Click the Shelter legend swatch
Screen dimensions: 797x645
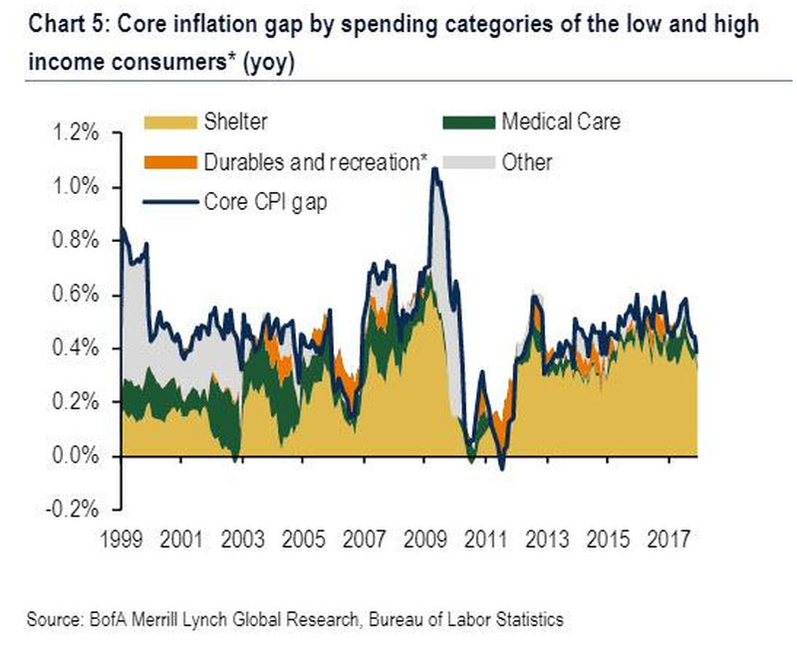170,122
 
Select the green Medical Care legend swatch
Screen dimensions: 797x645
468,122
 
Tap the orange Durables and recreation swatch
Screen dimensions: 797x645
170,162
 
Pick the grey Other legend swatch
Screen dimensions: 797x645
468,162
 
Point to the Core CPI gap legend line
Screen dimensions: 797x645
170,202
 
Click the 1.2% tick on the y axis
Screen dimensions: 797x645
76,133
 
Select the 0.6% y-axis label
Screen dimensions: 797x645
76,295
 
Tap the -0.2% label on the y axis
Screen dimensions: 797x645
72,509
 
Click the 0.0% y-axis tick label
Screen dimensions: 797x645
76,456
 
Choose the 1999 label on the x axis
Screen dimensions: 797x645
121,538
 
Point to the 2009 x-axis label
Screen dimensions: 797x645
425,538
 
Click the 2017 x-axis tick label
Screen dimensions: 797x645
668,538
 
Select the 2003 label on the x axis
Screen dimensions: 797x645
242,538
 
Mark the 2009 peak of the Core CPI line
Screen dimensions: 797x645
434,168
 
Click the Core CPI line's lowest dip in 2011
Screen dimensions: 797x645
502,469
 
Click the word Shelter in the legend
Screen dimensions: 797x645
235,121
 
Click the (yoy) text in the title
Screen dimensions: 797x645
268,63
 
